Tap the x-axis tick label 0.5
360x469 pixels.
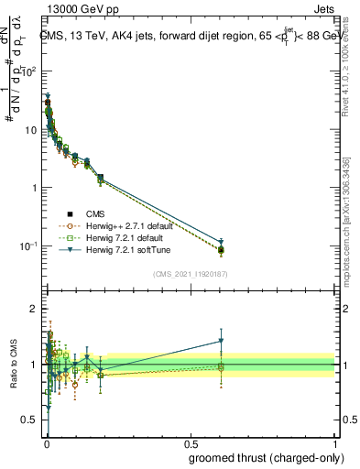190,444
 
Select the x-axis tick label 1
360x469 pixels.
334,444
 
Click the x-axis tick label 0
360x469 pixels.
46,444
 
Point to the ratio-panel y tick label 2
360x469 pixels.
34,309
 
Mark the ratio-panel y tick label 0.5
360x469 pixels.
29,420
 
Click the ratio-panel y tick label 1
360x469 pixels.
34,365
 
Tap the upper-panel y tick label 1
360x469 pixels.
34,188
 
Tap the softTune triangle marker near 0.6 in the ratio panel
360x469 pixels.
221,341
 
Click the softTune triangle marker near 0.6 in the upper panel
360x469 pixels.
221,242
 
